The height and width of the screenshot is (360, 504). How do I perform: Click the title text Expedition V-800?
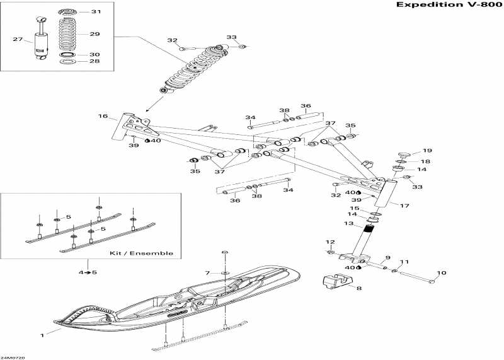pos(445,5)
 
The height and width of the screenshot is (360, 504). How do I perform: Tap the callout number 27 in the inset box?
pos(17,40)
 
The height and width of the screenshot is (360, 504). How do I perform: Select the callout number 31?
pos(95,12)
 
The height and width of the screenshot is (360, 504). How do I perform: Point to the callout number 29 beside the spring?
pos(95,34)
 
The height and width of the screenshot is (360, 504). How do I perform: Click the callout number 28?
pos(95,62)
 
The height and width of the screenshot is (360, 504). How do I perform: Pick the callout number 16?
pos(103,117)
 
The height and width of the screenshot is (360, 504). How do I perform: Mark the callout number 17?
pos(404,206)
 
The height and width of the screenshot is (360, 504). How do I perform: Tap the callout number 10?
pos(441,273)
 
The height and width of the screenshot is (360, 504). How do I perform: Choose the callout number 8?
pos(359,288)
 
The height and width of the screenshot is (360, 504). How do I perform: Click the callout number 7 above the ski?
pos(207,272)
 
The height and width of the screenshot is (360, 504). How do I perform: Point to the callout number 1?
pos(42,335)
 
